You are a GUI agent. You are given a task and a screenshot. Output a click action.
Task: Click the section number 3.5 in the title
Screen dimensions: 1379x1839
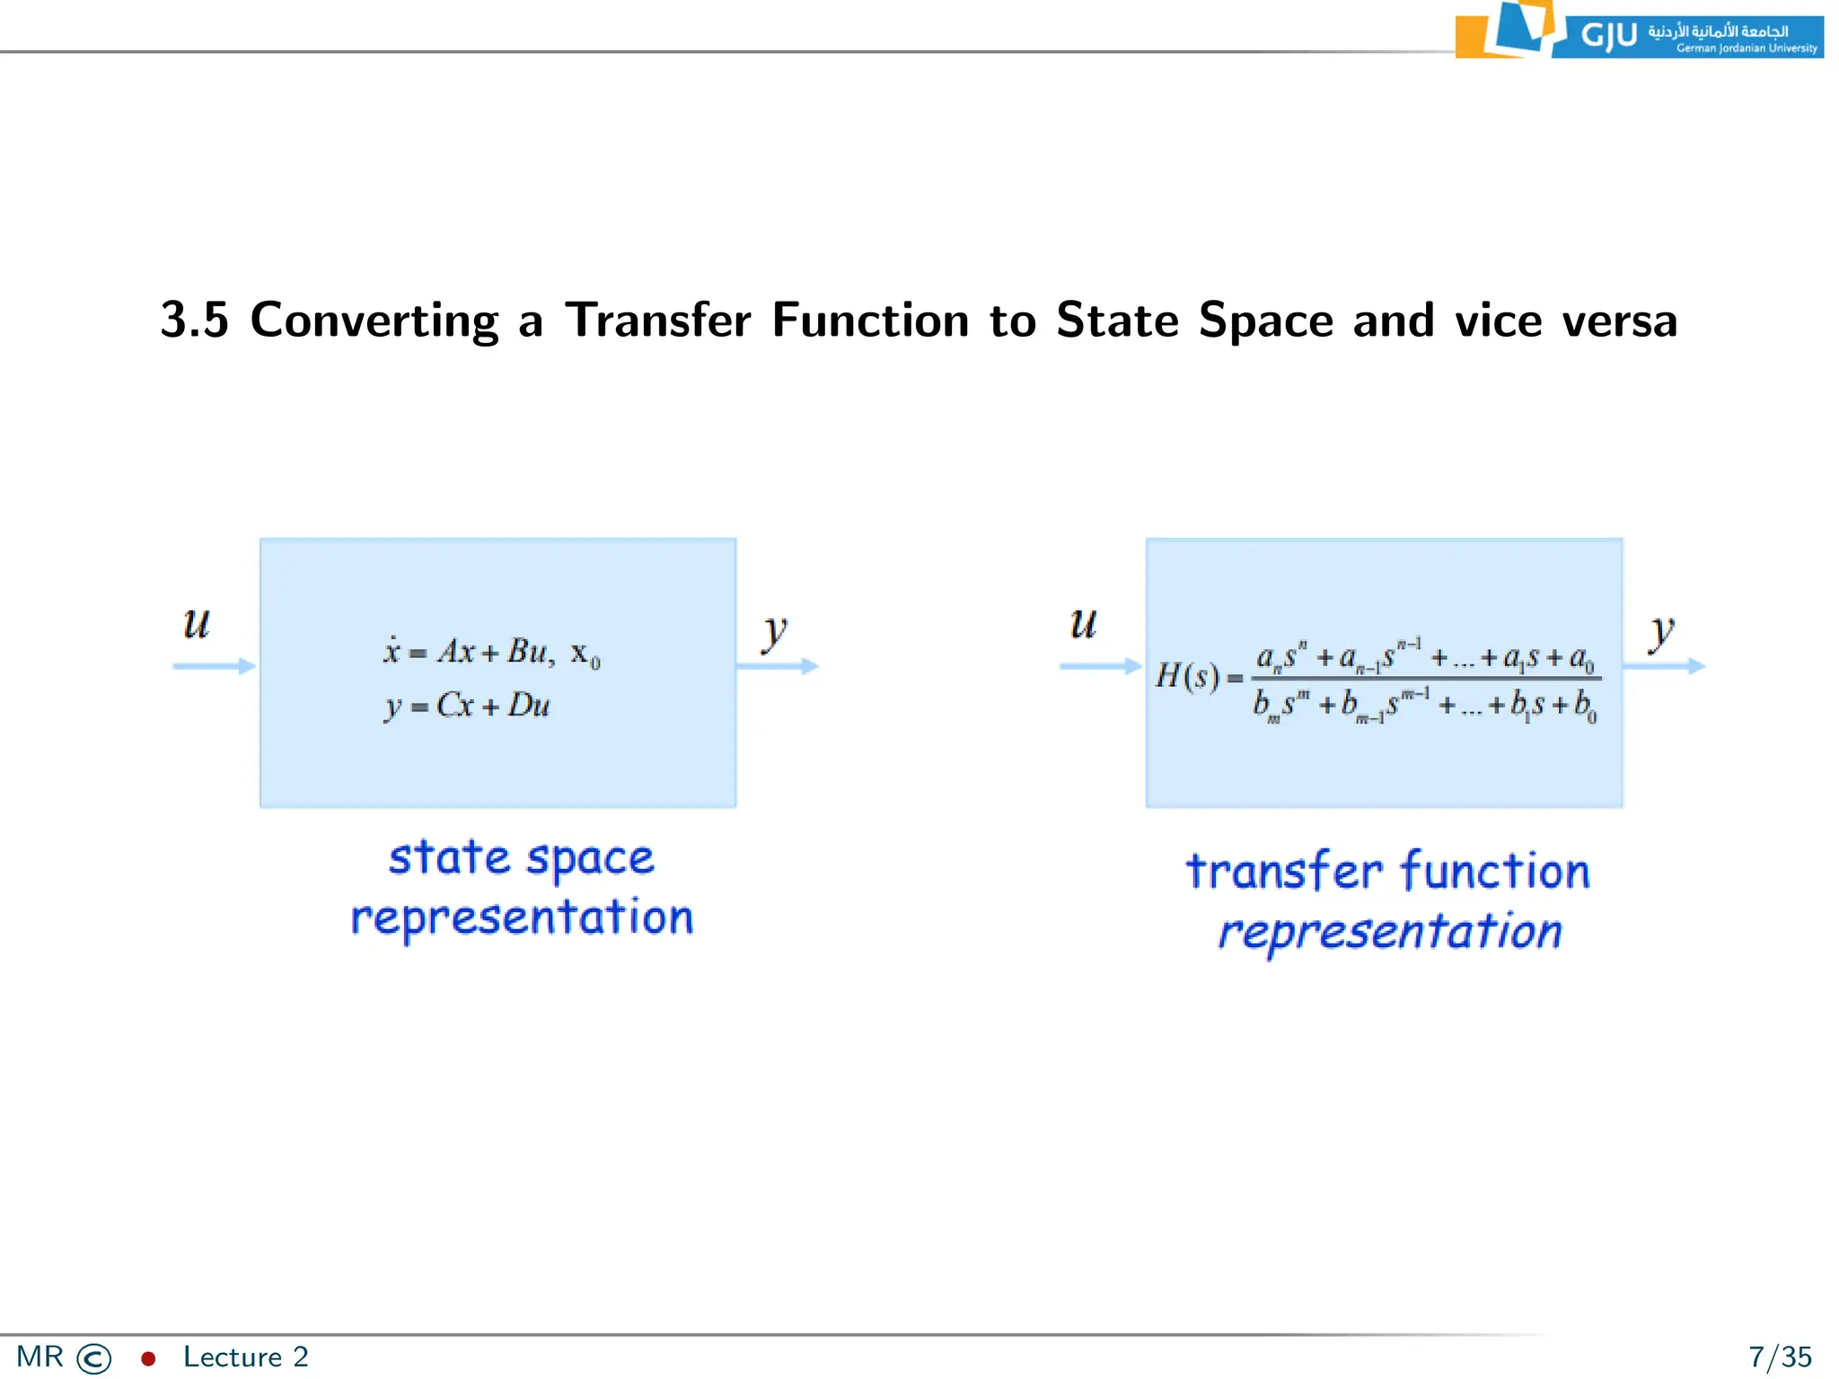click(195, 321)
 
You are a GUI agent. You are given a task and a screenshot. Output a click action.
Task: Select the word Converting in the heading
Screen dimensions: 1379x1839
click(374, 321)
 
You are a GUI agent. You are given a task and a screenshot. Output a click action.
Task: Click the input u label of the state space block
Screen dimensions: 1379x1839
click(197, 623)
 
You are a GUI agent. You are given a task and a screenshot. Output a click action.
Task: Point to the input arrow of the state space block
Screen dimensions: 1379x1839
click(214, 666)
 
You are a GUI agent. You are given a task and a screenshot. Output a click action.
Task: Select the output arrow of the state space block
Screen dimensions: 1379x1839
click(778, 666)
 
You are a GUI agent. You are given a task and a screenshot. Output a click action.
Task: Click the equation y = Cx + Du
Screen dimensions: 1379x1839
click(467, 706)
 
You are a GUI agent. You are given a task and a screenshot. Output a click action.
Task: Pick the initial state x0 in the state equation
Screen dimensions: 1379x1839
click(585, 654)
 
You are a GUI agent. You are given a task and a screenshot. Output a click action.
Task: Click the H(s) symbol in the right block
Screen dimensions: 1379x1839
click(1187, 675)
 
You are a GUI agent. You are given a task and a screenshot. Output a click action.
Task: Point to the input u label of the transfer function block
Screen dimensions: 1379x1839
click(1083, 623)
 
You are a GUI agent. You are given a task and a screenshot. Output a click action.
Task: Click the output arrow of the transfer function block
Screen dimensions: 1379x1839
click(1664, 666)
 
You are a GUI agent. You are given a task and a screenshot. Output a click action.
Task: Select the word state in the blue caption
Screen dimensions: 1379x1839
click(448, 857)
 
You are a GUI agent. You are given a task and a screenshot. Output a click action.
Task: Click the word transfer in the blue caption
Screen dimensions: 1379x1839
click(1284, 871)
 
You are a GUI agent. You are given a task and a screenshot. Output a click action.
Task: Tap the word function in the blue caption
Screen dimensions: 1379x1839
click(1495, 871)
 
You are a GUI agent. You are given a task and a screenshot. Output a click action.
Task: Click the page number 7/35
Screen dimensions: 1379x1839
click(1780, 1357)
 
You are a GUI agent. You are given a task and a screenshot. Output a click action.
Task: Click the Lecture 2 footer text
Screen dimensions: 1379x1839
click(245, 1357)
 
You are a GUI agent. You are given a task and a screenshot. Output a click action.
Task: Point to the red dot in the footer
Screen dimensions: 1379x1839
click(148, 1358)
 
